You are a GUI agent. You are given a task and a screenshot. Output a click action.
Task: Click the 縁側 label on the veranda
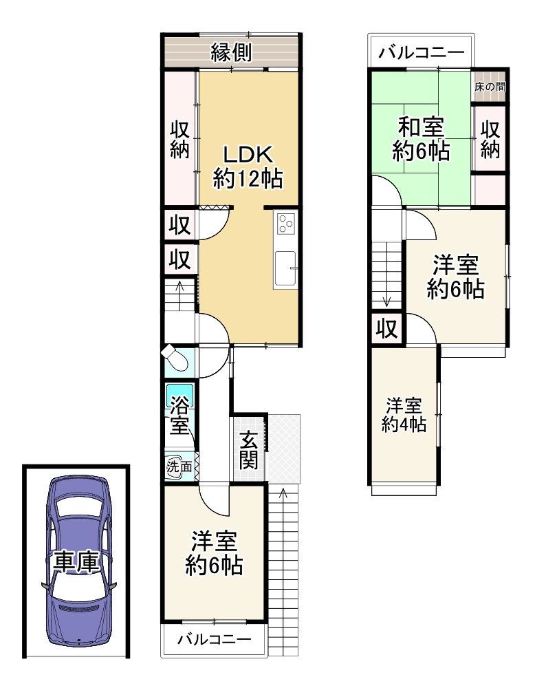230,52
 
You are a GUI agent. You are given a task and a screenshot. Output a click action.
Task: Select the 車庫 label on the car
76,562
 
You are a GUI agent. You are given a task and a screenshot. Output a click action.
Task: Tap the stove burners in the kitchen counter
286,224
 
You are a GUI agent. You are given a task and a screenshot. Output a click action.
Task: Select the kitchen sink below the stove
285,269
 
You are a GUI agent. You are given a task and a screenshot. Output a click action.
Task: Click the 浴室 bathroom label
179,415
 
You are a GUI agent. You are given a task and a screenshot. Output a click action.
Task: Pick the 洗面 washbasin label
179,466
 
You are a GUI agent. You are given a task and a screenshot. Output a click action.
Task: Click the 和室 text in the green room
421,127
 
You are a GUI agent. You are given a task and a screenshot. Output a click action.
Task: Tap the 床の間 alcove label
490,87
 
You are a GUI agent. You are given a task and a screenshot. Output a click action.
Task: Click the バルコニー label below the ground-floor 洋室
214,639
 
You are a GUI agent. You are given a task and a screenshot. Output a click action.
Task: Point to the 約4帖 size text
404,424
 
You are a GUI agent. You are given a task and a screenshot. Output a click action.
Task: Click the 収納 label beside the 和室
490,140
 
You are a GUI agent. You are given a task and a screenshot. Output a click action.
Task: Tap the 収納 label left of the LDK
179,140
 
